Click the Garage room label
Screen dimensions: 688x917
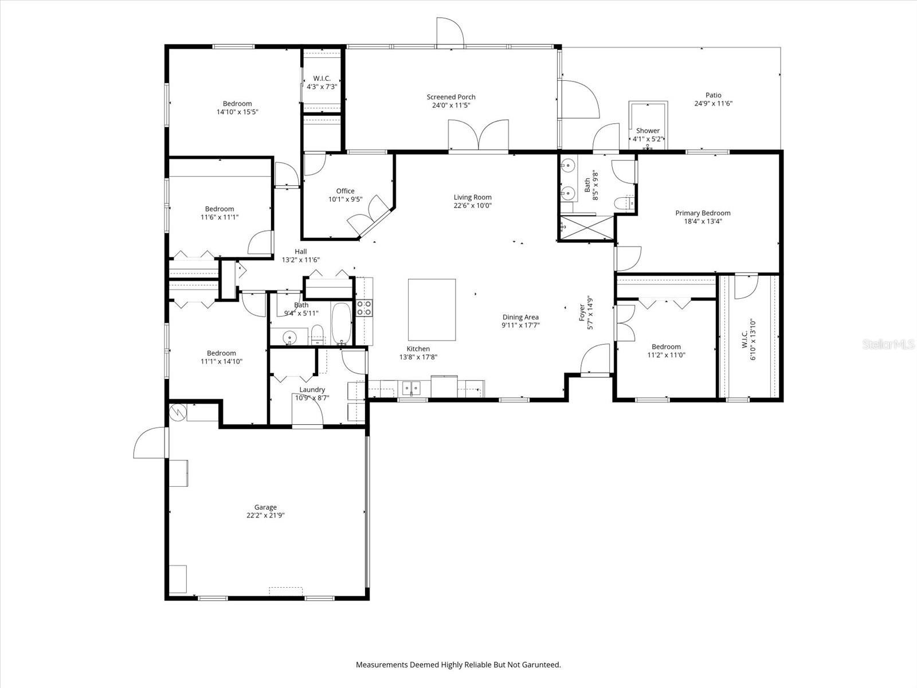click(265, 507)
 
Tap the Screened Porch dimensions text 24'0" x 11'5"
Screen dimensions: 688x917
click(451, 105)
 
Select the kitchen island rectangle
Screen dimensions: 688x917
click(432, 310)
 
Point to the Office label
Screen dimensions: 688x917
click(345, 191)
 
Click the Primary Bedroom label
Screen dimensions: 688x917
click(703, 213)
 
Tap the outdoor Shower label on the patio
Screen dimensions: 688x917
click(648, 131)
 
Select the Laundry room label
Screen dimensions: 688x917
click(312, 389)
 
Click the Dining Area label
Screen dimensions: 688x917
click(520, 317)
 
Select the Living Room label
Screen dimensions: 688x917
click(473, 197)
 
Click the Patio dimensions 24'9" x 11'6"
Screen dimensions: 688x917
click(713, 104)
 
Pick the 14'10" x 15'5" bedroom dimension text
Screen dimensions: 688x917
click(237, 112)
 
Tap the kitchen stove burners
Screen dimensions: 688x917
click(364, 308)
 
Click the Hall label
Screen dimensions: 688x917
click(300, 251)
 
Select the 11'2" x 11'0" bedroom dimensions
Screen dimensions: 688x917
click(666, 355)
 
